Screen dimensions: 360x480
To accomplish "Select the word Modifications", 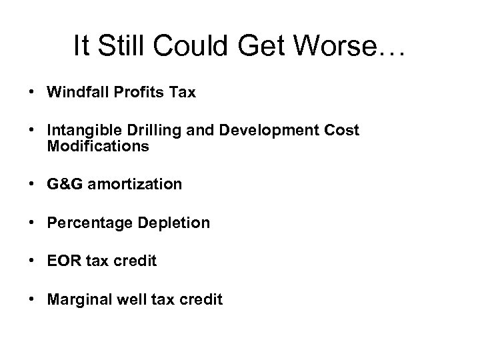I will (x=98, y=146).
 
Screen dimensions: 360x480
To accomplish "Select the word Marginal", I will (x=78, y=300).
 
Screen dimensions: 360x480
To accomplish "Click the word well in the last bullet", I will (x=128, y=300).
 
